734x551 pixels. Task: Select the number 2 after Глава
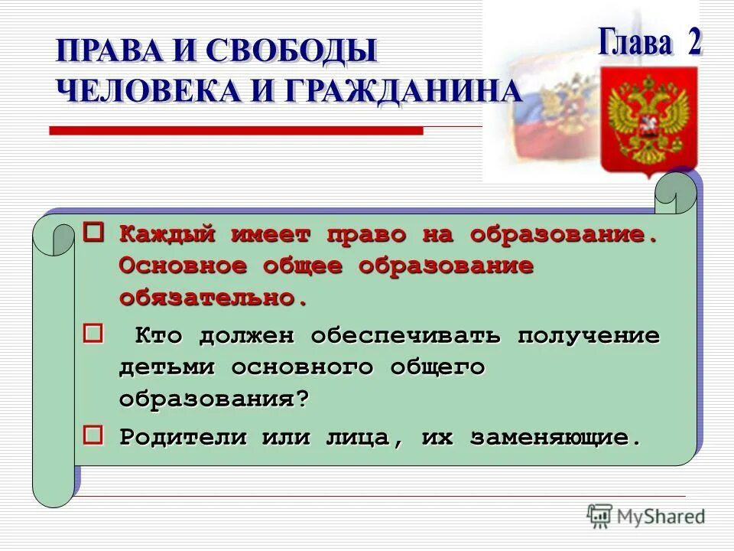coord(693,43)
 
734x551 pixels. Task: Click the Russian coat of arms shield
coord(648,119)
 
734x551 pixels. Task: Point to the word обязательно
coord(213,298)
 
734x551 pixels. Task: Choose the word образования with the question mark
coord(214,399)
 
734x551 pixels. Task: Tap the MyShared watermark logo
coord(646,517)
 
